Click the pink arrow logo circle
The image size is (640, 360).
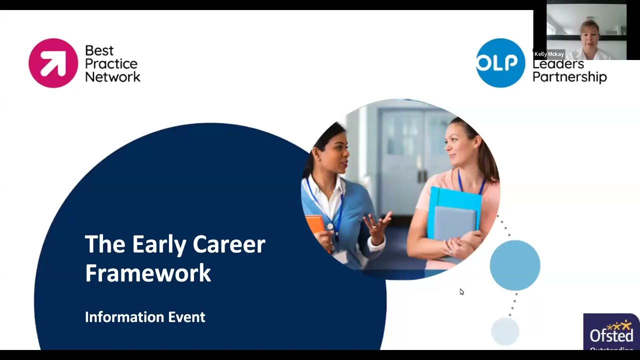point(53,63)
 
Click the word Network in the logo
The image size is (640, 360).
point(112,76)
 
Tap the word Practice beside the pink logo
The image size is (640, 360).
point(111,63)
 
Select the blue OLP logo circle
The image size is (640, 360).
point(500,63)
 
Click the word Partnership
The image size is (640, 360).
point(569,77)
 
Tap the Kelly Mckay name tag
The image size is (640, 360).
point(549,54)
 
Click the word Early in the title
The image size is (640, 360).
point(159,244)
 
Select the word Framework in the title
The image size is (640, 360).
point(148,273)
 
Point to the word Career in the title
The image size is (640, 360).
point(229,244)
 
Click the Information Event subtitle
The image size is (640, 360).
point(145,317)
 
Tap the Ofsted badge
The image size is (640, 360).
point(611,332)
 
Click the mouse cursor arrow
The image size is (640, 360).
point(461,291)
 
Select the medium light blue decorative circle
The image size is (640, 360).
point(515,265)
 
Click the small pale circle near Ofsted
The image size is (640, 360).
point(505,331)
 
